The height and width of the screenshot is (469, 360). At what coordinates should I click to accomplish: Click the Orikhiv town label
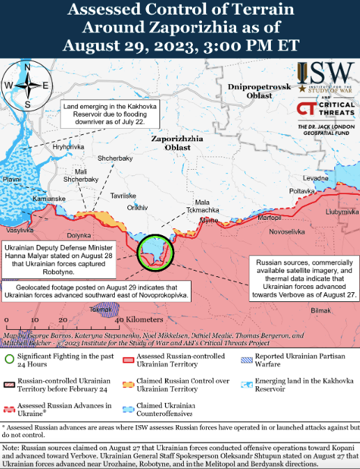click(138, 207)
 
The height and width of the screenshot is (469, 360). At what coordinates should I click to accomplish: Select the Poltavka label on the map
click(302, 191)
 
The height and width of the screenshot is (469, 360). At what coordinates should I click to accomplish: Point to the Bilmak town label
click(321, 310)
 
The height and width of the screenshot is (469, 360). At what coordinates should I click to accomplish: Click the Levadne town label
click(315, 179)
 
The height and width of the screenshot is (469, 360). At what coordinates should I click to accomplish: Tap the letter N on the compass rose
click(27, 67)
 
